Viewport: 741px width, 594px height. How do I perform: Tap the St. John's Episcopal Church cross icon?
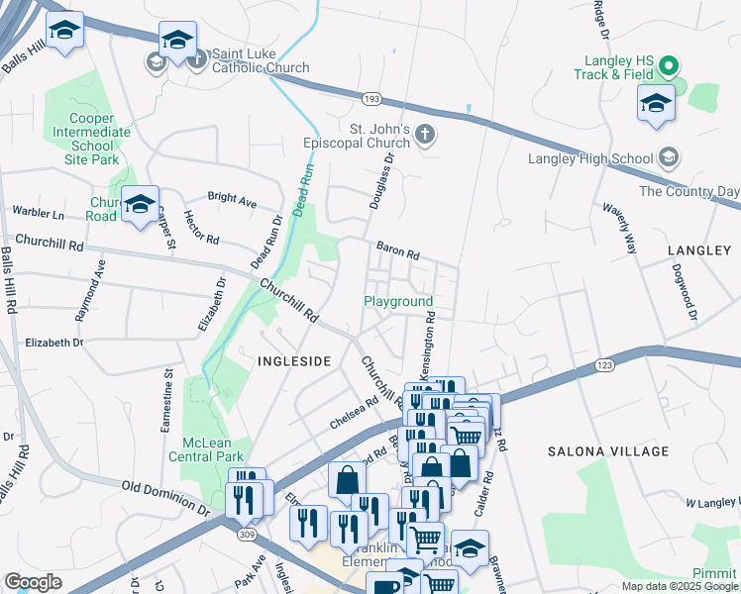pos(425,135)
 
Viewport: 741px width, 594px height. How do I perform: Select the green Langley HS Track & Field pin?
pos(669,66)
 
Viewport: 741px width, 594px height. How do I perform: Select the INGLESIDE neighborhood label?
pos(294,361)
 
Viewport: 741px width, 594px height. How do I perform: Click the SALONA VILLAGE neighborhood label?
pos(608,451)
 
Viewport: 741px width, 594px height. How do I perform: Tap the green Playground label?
pos(398,301)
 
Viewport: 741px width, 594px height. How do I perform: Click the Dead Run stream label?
pos(306,188)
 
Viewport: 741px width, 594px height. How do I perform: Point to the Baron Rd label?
pos(397,249)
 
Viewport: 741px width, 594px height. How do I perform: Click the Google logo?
pos(33,582)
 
